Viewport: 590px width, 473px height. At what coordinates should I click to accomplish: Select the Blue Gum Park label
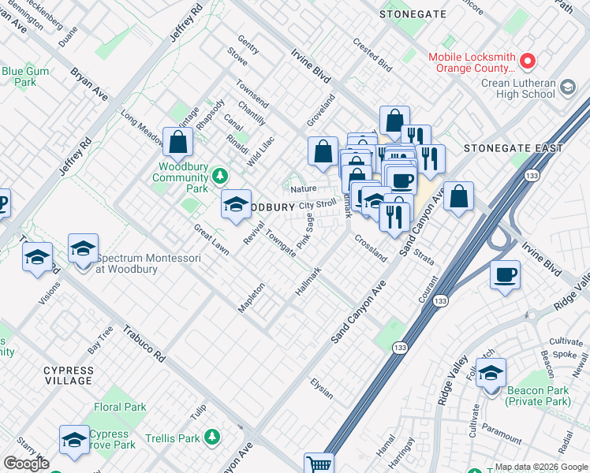click(20, 76)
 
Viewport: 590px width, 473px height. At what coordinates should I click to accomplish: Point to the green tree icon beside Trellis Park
click(212, 437)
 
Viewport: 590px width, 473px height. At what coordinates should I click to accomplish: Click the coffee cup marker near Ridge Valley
click(505, 275)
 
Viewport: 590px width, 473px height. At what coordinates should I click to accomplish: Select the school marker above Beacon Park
click(491, 372)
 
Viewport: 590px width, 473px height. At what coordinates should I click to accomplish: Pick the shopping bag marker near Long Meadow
click(178, 143)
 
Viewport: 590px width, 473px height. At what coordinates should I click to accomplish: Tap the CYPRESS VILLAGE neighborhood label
click(68, 375)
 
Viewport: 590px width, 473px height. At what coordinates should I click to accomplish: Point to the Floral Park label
click(120, 408)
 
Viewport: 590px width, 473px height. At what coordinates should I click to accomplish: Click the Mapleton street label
click(251, 298)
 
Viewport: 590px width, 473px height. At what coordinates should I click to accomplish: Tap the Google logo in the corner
click(26, 464)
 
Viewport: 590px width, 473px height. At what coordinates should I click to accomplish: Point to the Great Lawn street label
click(211, 240)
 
